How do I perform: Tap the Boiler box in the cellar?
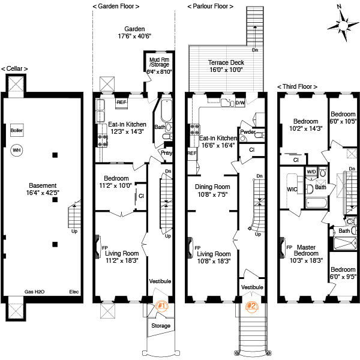point(17,129)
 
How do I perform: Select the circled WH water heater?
point(17,150)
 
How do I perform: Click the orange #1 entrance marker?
point(161,305)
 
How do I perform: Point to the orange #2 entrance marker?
point(252,306)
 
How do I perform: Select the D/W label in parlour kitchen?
point(239,103)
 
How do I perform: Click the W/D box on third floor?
point(311,172)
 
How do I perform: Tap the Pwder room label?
point(248,132)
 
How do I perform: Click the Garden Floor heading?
point(116,6)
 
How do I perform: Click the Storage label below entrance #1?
point(161,326)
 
